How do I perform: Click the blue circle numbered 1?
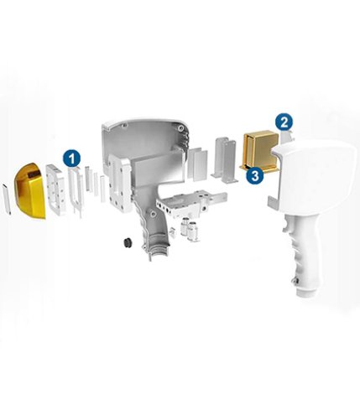(x=72, y=158)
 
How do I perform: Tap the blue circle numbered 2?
(x=284, y=122)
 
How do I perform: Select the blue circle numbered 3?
(x=255, y=175)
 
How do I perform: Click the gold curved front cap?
(x=30, y=190)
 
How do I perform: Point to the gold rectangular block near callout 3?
(x=259, y=153)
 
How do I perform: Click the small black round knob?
(x=128, y=242)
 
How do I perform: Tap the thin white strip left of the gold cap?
(x=7, y=199)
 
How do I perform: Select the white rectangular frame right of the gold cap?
(x=56, y=189)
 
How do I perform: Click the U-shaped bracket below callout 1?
(x=76, y=191)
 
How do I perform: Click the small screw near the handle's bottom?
(x=296, y=281)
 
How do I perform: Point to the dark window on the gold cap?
(x=33, y=175)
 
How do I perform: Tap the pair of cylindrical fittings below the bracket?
(x=190, y=228)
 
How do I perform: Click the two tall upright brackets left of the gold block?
(x=226, y=160)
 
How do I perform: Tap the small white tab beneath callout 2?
(x=288, y=138)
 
